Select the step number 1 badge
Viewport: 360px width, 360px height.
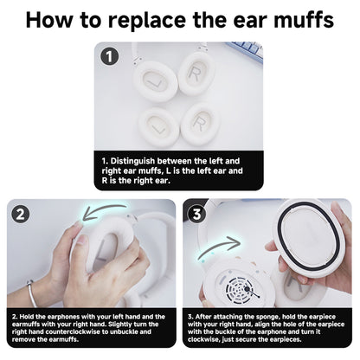pyautogui.click(x=109, y=57)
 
